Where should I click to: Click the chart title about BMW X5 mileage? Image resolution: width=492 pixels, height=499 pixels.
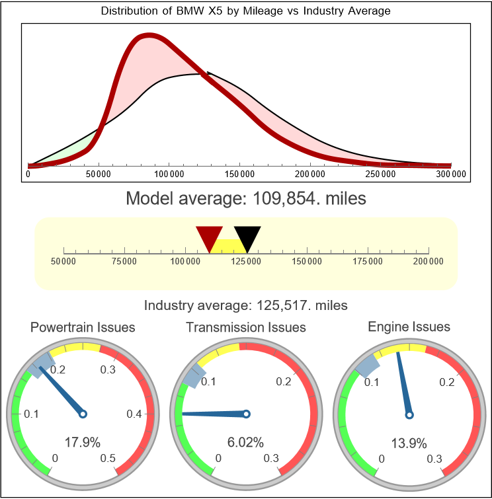coord(245,11)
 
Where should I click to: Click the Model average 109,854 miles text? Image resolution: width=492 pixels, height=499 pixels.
coord(245,198)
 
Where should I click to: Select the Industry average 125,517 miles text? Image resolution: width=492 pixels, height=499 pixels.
coord(245,305)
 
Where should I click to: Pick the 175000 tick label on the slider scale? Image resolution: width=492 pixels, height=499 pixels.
coord(368,262)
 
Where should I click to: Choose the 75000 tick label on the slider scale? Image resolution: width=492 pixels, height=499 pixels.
coord(124,262)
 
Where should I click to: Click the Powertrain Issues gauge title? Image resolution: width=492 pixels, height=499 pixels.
coord(83,327)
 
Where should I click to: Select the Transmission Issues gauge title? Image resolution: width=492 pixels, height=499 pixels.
coord(246,327)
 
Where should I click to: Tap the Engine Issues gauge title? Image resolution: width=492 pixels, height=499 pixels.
coord(409,326)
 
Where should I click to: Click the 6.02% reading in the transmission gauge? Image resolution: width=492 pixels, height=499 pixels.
coord(245,441)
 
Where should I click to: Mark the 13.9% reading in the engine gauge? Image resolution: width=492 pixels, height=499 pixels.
coord(409,441)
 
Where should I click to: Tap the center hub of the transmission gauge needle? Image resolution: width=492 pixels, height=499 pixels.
coord(247,414)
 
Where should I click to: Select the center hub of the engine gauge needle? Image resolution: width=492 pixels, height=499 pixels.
coord(409,414)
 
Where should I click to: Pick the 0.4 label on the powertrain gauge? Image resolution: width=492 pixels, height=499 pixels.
coord(134,414)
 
